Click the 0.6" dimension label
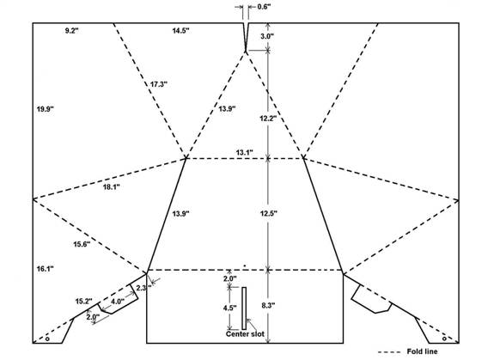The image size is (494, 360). (264, 7)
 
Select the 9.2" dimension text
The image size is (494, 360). (72, 31)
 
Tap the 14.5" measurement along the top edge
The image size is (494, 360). (180, 31)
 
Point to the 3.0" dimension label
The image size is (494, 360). (267, 36)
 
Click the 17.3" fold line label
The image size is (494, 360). (159, 84)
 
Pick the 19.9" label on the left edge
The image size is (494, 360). (46, 109)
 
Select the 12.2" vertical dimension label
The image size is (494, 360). (268, 119)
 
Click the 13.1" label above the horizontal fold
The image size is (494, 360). (245, 152)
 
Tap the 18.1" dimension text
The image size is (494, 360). (112, 186)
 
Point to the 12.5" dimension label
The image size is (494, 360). (268, 213)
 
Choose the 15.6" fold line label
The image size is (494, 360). (82, 244)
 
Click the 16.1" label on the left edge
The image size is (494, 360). (45, 269)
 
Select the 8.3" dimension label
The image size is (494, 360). (268, 305)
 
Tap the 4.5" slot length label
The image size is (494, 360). (230, 308)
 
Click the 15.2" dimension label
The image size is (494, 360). (84, 301)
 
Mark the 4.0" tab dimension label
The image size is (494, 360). (118, 302)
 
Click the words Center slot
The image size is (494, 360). (245, 334)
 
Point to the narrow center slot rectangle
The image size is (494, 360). (244, 308)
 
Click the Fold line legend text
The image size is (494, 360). (422, 351)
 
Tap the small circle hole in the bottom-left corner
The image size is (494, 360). (47, 339)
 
